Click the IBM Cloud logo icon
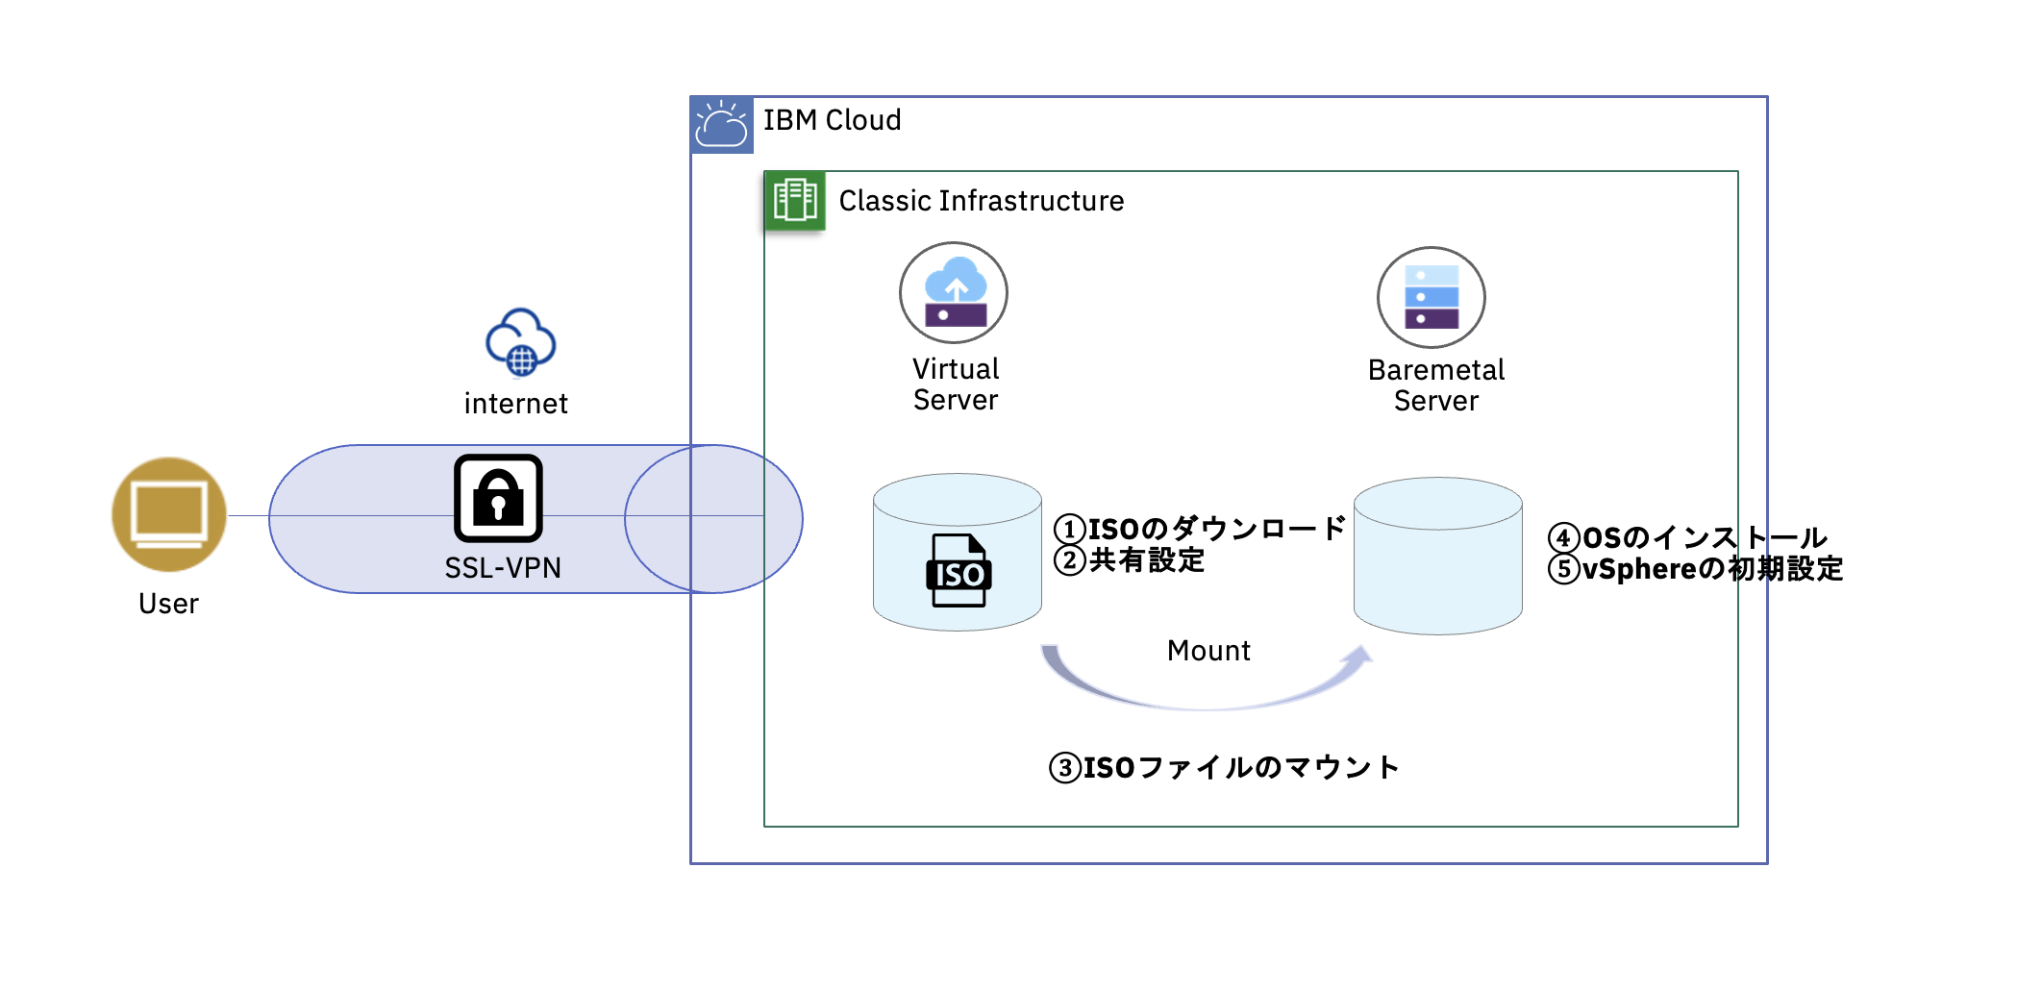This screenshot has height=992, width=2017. point(721,125)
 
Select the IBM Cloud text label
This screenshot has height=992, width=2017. point(832,120)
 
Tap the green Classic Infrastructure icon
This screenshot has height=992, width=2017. point(794,201)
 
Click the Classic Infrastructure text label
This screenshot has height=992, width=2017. point(981,201)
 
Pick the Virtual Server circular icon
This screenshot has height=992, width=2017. point(953,292)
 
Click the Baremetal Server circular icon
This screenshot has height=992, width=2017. point(1431,297)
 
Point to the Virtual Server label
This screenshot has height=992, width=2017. point(956,384)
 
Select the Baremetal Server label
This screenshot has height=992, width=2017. point(1435,385)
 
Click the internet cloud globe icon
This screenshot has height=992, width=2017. point(520,342)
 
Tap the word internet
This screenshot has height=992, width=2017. point(515,404)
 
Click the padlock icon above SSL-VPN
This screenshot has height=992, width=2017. point(498,498)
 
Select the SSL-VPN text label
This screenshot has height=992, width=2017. point(502,568)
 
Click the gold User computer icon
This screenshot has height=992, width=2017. point(169,514)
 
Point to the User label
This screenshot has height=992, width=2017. point(168,604)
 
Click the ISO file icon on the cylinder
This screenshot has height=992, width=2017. point(959,571)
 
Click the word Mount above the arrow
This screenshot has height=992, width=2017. point(1208,651)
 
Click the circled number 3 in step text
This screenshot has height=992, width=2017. point(1065,768)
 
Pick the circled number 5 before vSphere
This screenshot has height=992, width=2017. point(1564,569)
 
